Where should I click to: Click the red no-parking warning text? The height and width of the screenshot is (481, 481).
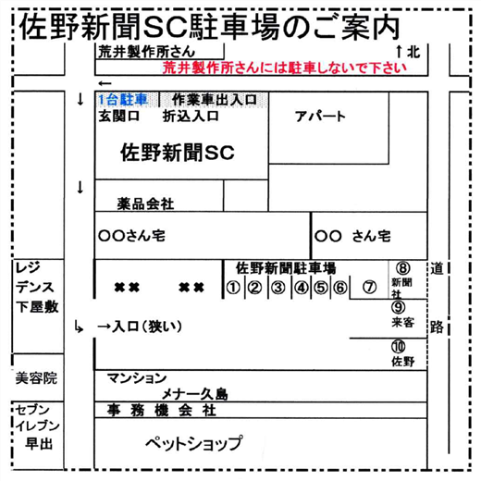(285, 68)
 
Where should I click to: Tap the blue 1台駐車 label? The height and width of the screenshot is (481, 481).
(123, 99)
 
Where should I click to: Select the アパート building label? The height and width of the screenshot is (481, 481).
(320, 117)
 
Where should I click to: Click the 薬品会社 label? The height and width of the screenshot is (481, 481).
(145, 203)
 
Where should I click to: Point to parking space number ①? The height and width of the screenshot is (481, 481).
(233, 288)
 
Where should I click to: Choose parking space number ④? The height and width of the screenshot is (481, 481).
(302, 288)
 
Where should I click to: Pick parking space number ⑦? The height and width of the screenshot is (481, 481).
(369, 287)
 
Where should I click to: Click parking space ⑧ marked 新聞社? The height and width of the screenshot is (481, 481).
(402, 280)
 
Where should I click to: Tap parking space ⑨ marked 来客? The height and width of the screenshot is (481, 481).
(402, 314)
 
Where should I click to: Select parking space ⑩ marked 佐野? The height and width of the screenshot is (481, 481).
(402, 353)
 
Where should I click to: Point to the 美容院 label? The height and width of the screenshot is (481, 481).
(36, 378)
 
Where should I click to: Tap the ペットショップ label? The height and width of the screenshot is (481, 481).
(194, 443)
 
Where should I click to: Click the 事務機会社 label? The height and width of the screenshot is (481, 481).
(161, 411)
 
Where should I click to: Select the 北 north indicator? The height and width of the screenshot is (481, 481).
(413, 52)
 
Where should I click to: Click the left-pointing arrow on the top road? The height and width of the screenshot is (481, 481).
(105, 83)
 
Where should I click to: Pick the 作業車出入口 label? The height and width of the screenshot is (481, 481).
(215, 99)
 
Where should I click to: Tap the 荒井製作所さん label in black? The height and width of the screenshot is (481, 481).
(147, 52)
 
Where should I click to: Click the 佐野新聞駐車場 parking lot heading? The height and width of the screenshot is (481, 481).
(286, 268)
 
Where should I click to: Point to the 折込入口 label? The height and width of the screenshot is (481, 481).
(191, 117)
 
